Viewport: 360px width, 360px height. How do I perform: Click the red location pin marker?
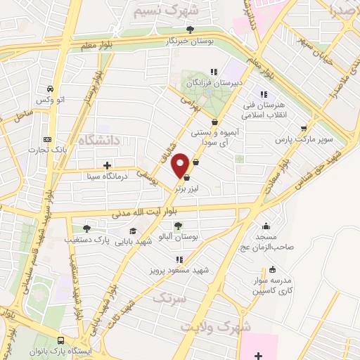pos(181,165)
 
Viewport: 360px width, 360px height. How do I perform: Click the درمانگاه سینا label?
pos(107,178)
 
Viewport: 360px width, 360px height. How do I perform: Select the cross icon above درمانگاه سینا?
pos(107,167)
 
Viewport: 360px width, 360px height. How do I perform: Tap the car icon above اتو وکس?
pos(51,89)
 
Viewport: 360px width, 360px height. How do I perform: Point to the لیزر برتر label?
pos(186,190)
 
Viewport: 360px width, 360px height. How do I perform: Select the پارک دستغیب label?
pos(87,240)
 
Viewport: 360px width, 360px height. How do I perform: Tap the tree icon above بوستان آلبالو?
pos(177,226)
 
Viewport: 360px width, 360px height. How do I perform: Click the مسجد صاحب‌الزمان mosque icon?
pos(266,226)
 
